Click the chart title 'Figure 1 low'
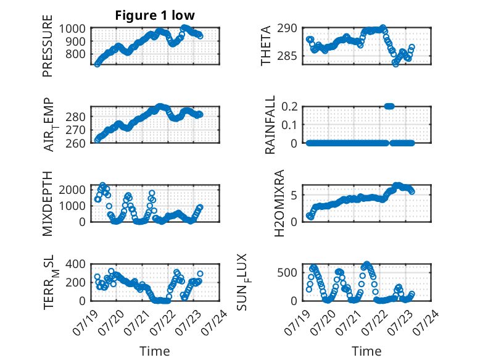[x=155, y=15]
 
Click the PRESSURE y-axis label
[x=48, y=46]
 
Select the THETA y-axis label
[x=266, y=46]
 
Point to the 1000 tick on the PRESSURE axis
[x=72, y=29]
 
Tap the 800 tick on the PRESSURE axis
[x=75, y=54]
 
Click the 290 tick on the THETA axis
[x=287, y=28]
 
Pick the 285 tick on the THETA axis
[x=287, y=56]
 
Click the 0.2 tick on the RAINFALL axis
[x=289, y=107]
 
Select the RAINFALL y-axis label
[x=270, y=125]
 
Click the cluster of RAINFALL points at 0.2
[x=389, y=106]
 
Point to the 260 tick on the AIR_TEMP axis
[x=75, y=143]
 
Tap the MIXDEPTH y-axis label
[x=48, y=203]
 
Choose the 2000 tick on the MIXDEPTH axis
[x=72, y=190]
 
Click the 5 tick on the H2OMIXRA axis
[x=294, y=195]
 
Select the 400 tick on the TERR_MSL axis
[x=75, y=264]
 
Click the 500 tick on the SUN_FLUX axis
[x=287, y=272]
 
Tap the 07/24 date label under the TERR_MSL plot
[x=214, y=322]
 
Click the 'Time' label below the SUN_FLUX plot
[x=366, y=351]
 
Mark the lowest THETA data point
[x=395, y=64]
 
